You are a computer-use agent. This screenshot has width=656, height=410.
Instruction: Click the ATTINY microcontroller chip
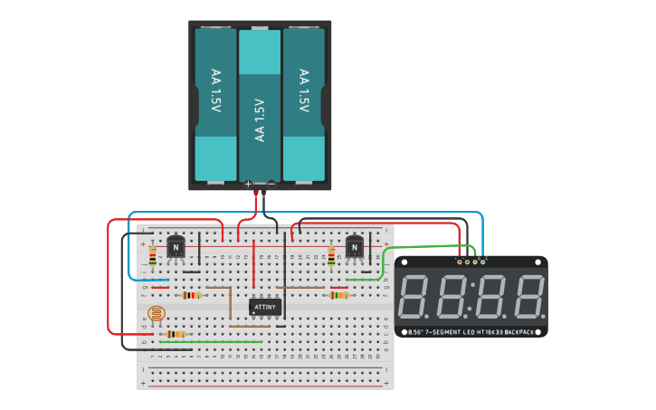tap(265, 307)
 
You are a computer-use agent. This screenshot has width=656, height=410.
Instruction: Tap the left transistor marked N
tap(176, 247)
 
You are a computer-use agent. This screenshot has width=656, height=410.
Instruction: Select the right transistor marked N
tap(355, 246)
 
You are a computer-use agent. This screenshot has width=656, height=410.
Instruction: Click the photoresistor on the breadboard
tap(157, 314)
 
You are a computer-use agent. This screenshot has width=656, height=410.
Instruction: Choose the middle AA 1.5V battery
tap(260, 104)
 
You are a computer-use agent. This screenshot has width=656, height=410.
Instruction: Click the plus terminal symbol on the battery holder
tap(248, 184)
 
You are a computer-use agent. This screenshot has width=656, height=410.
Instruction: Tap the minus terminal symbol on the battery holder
tap(271, 184)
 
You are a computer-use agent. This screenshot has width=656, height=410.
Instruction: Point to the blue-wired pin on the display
tap(482, 262)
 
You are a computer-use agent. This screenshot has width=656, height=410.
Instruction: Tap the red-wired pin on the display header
tap(461, 262)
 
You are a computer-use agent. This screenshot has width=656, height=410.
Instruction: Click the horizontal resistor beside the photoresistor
tap(176, 334)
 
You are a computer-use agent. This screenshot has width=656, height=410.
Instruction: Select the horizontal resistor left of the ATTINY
tap(192, 295)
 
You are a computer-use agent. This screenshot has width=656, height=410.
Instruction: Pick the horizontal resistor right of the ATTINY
tap(338, 295)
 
